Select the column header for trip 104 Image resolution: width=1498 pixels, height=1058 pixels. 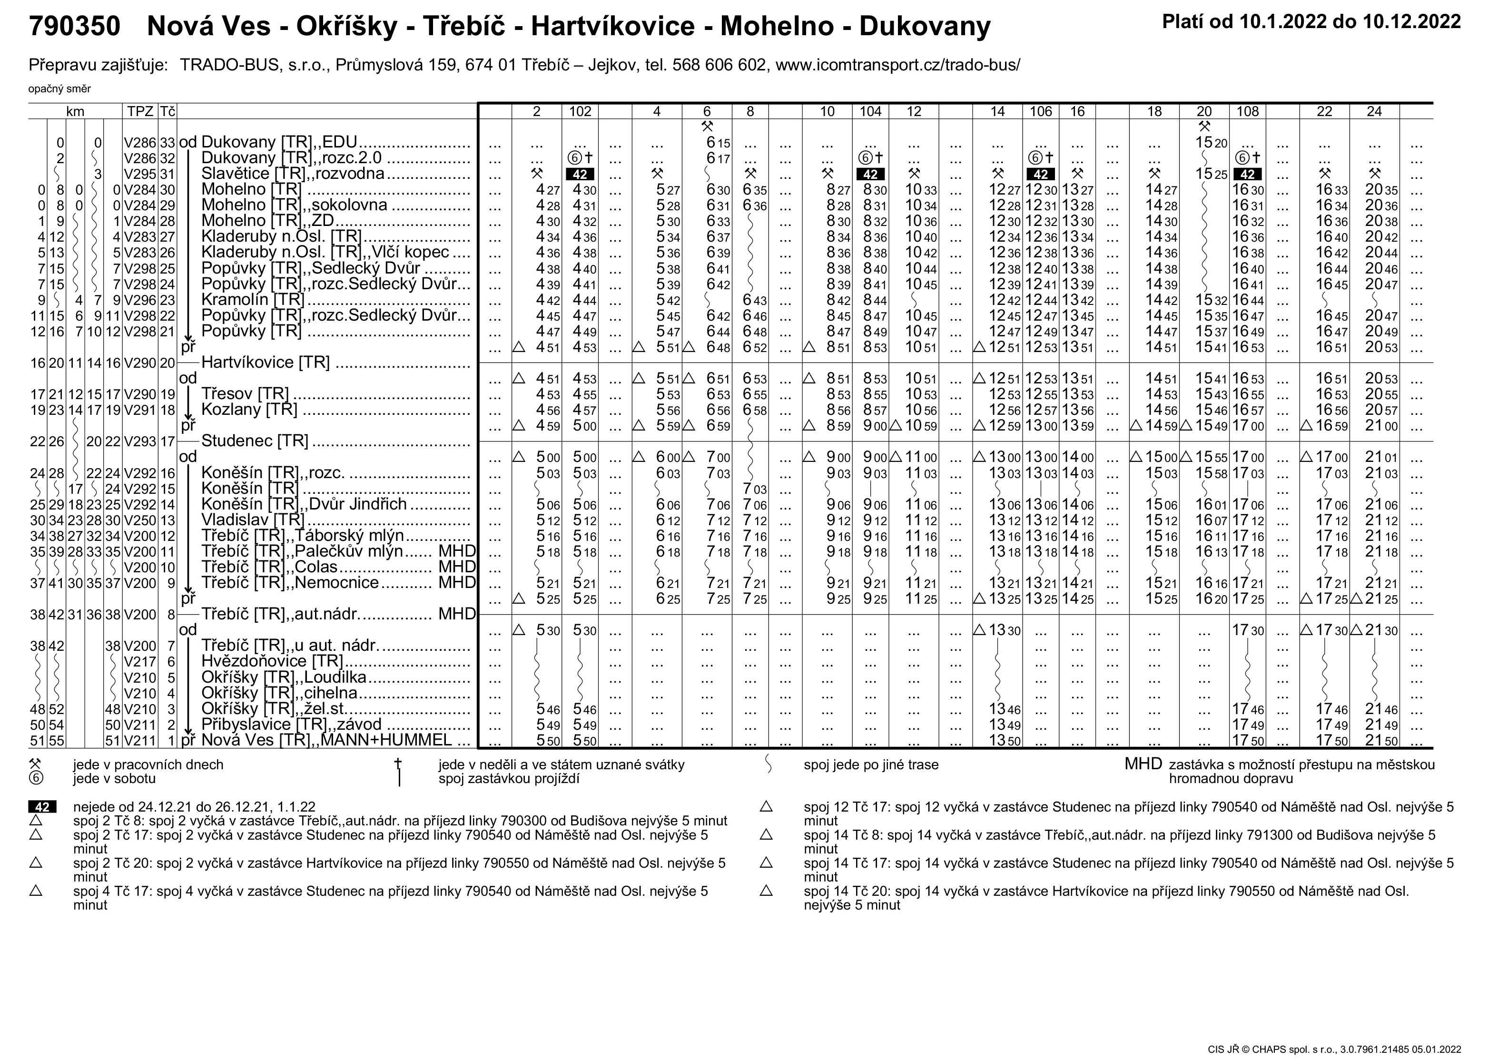870,111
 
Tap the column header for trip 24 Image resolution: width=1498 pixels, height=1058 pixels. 1374,111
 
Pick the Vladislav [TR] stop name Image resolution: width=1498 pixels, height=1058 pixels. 253,520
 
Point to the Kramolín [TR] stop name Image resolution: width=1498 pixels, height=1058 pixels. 253,299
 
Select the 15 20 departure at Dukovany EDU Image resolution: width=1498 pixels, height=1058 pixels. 1211,143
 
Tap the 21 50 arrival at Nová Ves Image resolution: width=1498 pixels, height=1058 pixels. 1381,741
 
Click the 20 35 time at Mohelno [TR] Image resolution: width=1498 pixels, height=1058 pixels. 1381,190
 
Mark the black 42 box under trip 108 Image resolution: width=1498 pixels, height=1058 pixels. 1248,175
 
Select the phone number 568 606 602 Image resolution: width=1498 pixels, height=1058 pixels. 719,65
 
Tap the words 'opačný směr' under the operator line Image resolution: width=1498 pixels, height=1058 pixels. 59,88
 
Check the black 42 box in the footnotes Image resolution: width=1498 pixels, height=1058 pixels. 42,807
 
